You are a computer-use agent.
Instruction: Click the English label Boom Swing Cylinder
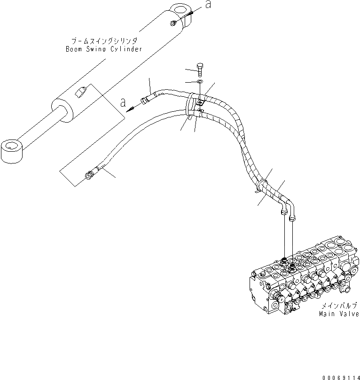(104, 48)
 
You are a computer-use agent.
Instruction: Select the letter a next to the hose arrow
(124, 101)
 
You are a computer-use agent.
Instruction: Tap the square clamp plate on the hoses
(199, 103)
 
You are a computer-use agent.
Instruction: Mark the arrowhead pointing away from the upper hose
(132, 107)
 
